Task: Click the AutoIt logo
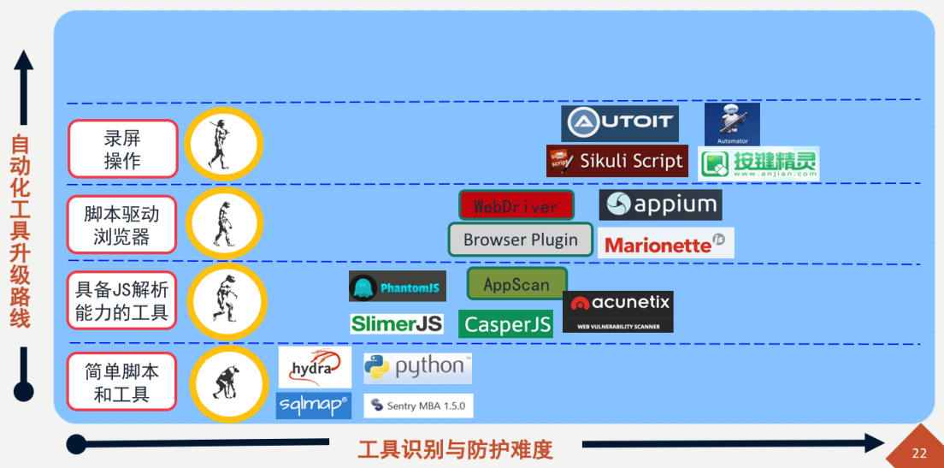point(620,123)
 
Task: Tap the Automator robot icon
point(732,124)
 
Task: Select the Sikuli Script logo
point(617,161)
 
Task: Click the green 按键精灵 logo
point(758,163)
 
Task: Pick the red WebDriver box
point(516,205)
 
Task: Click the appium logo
point(660,205)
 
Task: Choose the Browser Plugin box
point(521,240)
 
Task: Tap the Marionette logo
point(665,244)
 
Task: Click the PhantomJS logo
point(398,287)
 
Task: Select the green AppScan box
point(516,284)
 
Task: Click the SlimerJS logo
point(397,323)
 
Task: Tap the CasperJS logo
point(505,324)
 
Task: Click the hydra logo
point(315,367)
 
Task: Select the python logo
point(417,368)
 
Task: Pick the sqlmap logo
point(313,405)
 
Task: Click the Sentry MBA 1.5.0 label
point(418,406)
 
